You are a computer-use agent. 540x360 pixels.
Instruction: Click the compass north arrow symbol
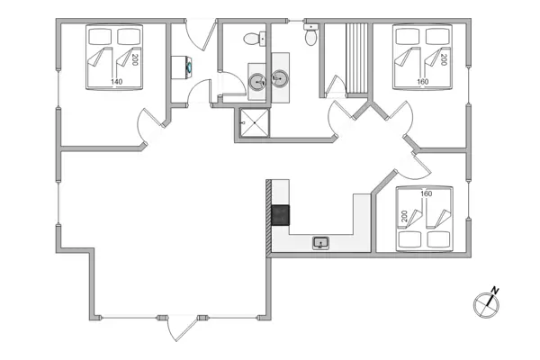(x=487, y=302)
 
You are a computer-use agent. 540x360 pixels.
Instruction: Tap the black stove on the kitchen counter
(x=281, y=215)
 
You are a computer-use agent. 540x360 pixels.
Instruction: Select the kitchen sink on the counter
(x=321, y=241)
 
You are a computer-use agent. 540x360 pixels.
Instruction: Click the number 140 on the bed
(x=117, y=82)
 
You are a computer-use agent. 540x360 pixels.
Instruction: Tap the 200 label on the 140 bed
(x=135, y=60)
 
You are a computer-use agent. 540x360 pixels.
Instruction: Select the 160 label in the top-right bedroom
(x=423, y=82)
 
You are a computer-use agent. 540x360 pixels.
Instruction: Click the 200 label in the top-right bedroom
(x=444, y=59)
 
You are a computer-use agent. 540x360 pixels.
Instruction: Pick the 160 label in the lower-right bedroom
(x=426, y=193)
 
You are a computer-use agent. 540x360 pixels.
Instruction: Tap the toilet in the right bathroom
(x=310, y=37)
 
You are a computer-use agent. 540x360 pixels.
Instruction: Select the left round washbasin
(x=257, y=81)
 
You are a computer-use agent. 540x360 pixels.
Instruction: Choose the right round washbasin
(x=280, y=80)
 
